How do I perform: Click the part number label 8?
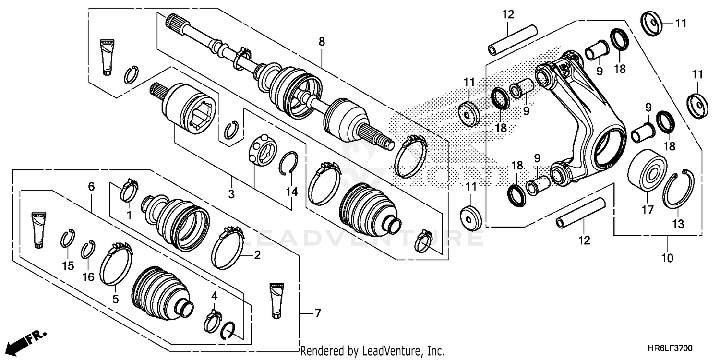tap(321, 42)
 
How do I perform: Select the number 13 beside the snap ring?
tap(678, 224)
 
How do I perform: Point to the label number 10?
tap(667, 258)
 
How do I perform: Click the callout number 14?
tap(292, 192)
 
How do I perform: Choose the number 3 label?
tap(231, 194)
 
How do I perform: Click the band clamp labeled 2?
tap(228, 247)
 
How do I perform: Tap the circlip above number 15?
tap(68, 239)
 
